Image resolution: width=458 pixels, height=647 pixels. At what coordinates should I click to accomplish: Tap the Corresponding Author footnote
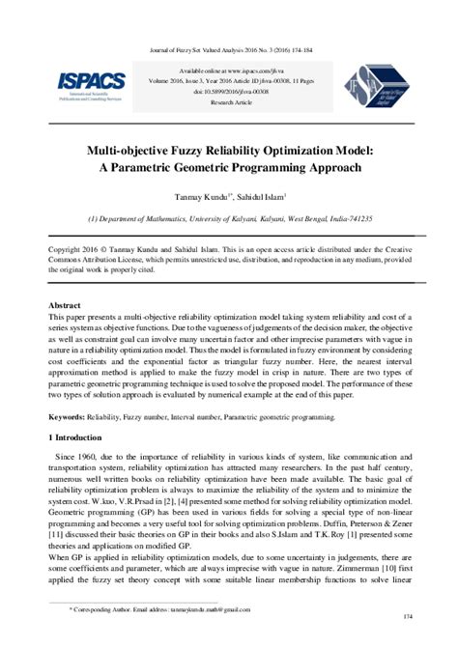pyautogui.click(x=155, y=611)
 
